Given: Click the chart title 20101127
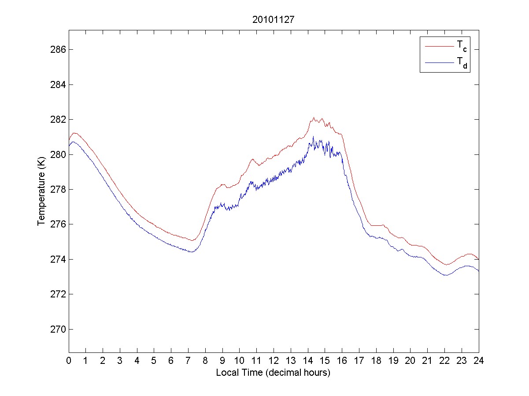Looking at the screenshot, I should coord(273,19).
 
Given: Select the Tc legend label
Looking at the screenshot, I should coord(461,45).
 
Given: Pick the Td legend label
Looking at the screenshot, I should coord(461,63).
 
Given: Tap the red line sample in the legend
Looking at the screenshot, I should coord(439,46).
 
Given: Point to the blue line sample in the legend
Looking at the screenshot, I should coord(439,63).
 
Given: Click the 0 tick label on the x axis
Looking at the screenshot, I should coord(69,360).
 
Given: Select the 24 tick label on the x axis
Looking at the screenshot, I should coord(478,360).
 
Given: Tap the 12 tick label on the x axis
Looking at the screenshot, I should coord(274,360).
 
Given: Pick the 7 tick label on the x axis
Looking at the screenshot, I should coord(188,360).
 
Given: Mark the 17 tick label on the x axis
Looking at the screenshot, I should coord(359,360).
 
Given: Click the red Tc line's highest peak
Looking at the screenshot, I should coord(314,117).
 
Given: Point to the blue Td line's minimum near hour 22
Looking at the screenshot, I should coord(446,275).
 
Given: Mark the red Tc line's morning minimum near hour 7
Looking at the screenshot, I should coord(192,240).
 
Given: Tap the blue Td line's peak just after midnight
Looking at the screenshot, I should coord(73,142).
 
